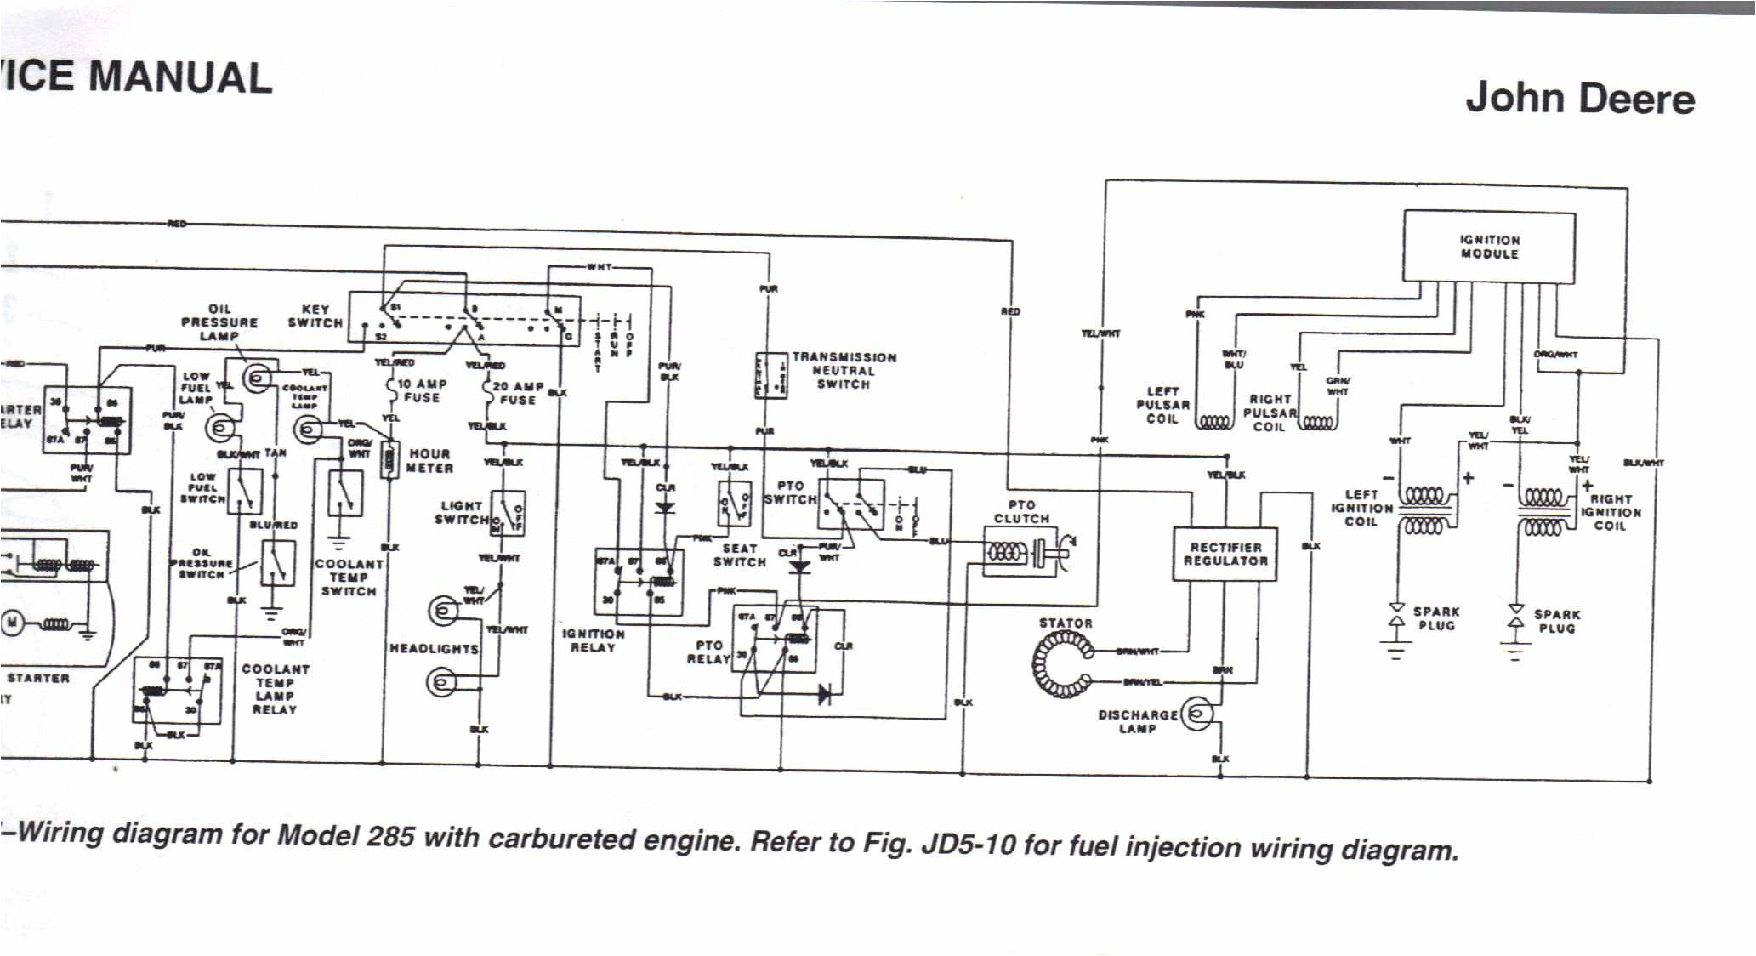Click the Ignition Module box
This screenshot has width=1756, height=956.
click(x=1488, y=247)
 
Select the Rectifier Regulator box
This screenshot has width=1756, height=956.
click(x=1225, y=554)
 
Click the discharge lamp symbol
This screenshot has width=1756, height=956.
click(x=1196, y=714)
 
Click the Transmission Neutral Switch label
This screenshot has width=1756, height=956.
click(x=843, y=371)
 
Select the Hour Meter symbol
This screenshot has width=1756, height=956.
click(x=389, y=460)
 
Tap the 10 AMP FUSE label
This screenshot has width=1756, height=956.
click(x=422, y=390)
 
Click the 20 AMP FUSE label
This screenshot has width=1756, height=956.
click(x=518, y=393)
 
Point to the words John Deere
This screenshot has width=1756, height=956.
click(x=1579, y=99)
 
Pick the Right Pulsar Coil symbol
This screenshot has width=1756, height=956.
click(x=1318, y=423)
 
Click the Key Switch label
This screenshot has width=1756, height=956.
click(x=315, y=316)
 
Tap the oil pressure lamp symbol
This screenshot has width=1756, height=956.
click(x=257, y=377)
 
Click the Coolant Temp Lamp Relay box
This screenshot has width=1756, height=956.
click(x=177, y=689)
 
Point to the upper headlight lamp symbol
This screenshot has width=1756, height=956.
click(x=443, y=610)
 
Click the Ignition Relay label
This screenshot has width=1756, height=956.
click(x=593, y=640)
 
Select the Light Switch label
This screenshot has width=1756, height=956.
click(x=461, y=512)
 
